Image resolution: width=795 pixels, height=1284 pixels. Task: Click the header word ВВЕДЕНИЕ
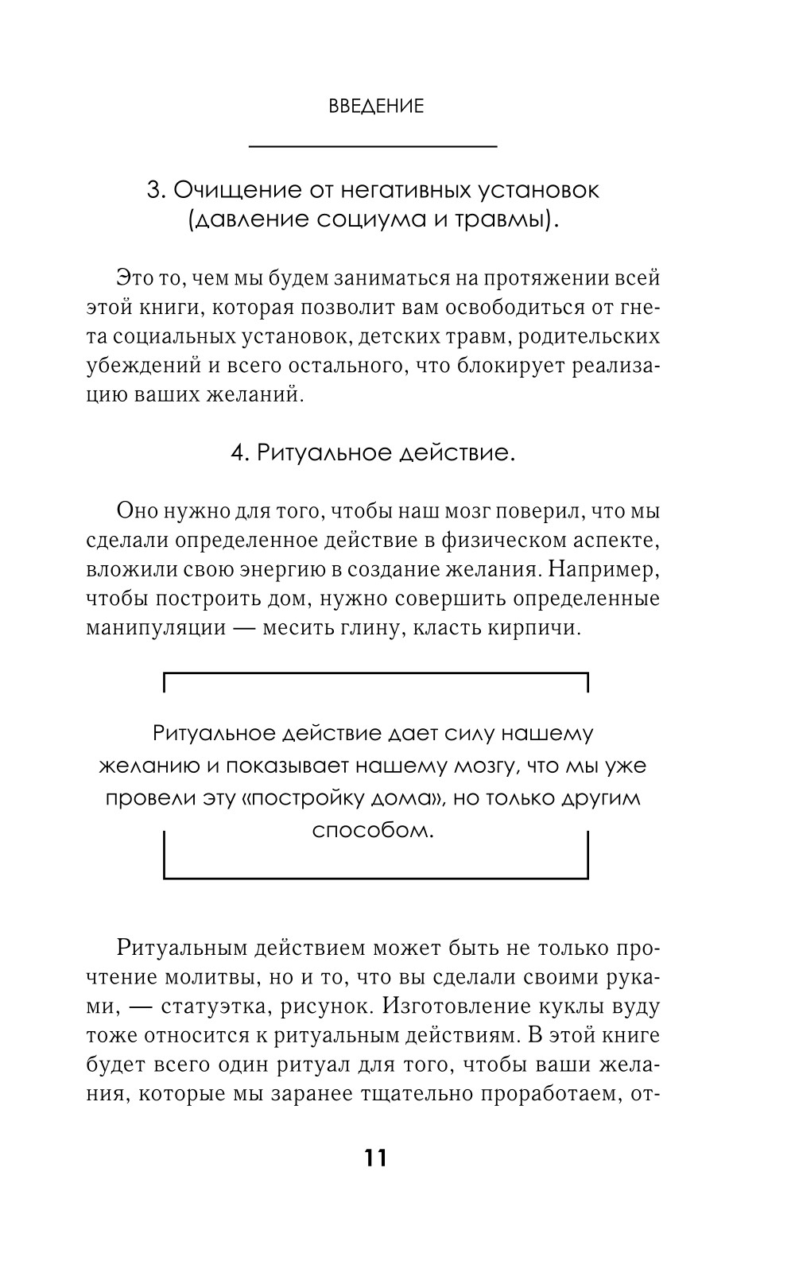376,107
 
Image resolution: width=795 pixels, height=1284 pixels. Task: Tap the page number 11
376,1158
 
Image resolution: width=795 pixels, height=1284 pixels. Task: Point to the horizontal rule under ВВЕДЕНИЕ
373,146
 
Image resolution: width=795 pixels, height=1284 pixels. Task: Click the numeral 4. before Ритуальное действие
240,452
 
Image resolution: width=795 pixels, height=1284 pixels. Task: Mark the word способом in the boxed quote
374,831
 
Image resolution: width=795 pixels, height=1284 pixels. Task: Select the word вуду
637,1007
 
